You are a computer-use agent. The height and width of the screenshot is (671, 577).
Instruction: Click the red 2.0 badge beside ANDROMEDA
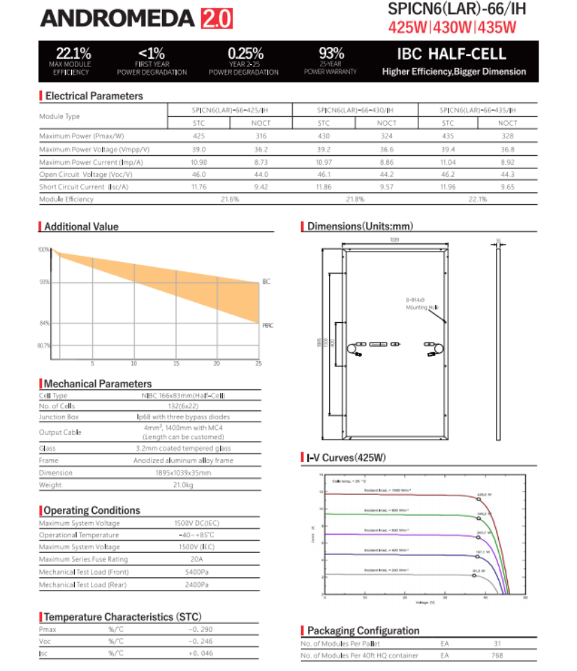tap(216, 18)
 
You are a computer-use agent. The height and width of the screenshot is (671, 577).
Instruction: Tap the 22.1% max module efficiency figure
tap(69, 52)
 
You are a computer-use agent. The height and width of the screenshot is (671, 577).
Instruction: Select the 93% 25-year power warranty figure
tap(331, 52)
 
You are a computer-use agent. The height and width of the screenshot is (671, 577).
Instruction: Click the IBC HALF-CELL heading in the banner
tap(451, 54)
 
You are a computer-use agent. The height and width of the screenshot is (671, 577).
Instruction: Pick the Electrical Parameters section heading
tap(94, 96)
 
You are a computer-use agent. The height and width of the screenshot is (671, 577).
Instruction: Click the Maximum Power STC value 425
tap(199, 136)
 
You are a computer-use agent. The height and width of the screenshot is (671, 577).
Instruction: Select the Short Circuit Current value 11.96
tap(448, 187)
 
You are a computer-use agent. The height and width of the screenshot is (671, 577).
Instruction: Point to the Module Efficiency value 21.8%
tap(356, 199)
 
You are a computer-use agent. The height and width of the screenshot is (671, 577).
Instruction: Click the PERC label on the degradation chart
tap(268, 326)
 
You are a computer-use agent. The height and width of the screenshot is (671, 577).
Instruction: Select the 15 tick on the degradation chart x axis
tap(176, 363)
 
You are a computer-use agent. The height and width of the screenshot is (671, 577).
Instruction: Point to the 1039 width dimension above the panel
tap(395, 240)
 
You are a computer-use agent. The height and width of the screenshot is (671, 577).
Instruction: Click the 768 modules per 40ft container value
tap(497, 656)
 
